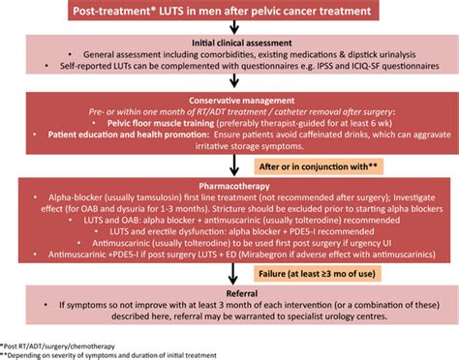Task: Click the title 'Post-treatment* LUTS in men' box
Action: pos(229,11)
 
